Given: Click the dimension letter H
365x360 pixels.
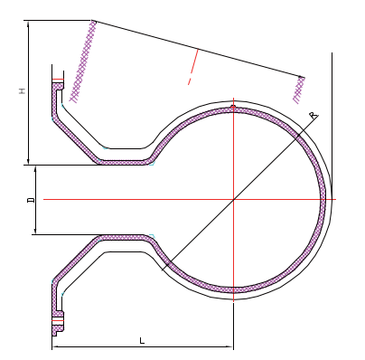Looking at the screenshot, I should [x=23, y=91].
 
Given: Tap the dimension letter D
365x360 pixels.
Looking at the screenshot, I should [x=30, y=199].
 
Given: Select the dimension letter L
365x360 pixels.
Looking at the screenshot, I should [x=142, y=340].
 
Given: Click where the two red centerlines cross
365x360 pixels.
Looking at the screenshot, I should [x=233, y=199].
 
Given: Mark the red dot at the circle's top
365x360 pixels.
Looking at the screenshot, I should [x=233, y=107].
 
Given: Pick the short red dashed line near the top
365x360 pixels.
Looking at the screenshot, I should [x=192, y=66].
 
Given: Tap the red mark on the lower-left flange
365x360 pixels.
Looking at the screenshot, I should [x=57, y=320].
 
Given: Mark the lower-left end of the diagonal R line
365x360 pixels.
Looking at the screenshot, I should [x=163, y=270].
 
